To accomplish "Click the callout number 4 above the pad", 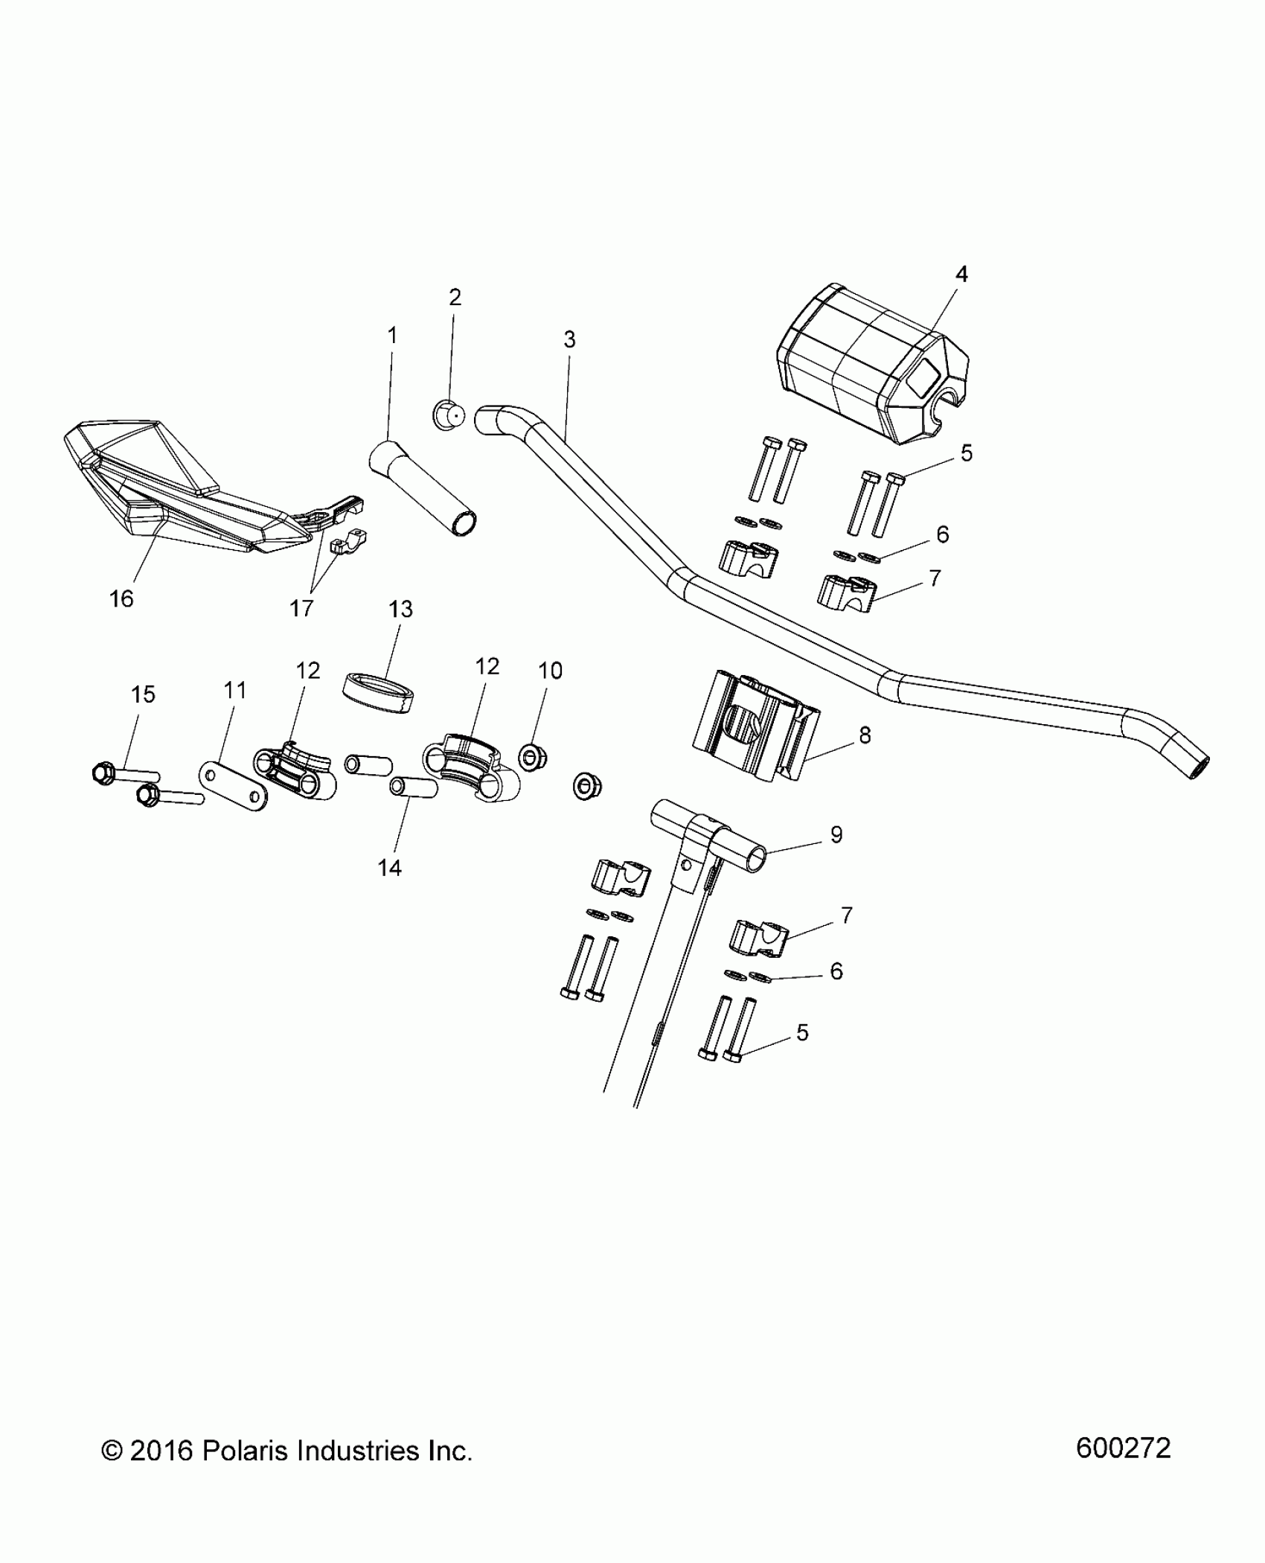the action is [961, 275].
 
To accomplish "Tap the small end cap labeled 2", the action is [448, 415].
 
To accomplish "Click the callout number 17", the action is [301, 609].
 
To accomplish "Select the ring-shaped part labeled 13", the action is [379, 693].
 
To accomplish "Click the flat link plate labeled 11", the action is [234, 785].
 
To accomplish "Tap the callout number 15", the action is [143, 694].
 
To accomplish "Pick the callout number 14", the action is [390, 867].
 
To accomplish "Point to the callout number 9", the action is [836, 835].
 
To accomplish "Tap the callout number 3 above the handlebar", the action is [569, 340].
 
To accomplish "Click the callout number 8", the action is [865, 735].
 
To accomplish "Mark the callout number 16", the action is [121, 598].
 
